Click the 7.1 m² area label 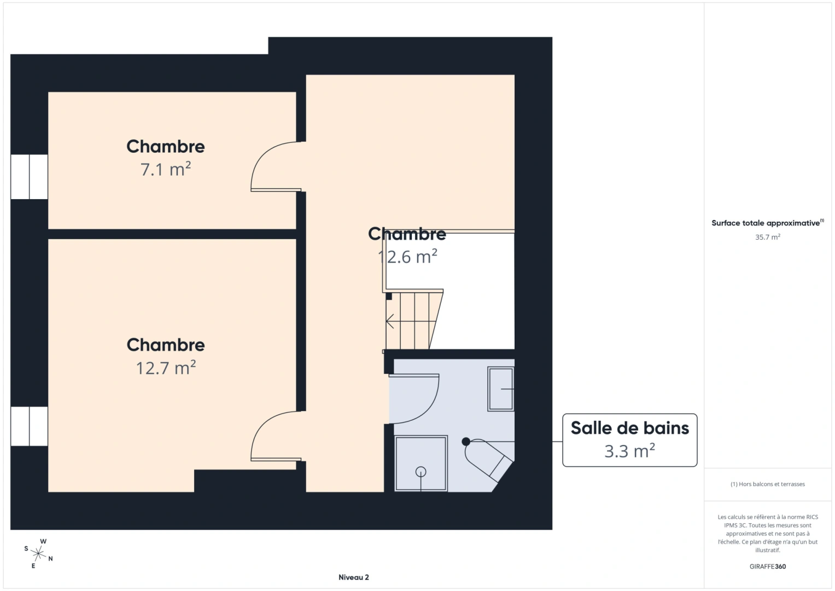(x=166, y=169)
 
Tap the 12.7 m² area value (x=166, y=368)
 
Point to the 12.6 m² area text (x=407, y=257)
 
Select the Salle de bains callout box (x=629, y=440)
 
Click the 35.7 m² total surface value (x=768, y=237)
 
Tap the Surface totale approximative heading (x=768, y=223)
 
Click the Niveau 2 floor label (x=353, y=577)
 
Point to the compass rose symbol (x=38, y=553)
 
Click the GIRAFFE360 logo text (x=768, y=566)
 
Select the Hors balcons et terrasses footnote (x=768, y=484)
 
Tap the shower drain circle (x=421, y=472)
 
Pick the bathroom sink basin (x=501, y=389)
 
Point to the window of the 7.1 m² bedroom (x=29, y=177)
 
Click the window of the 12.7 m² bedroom (x=29, y=426)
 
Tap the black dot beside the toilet (x=465, y=442)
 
